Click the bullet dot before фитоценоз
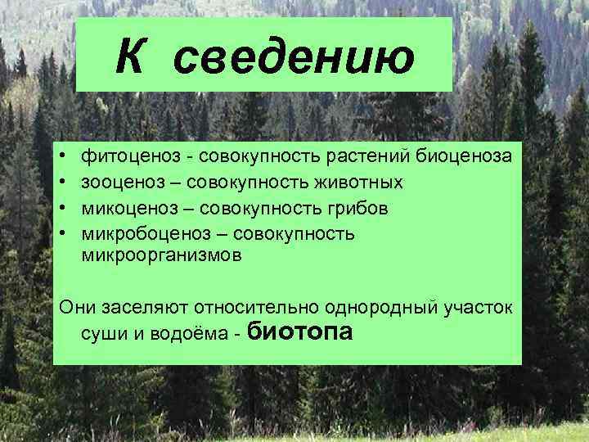pyautogui.click(x=61, y=155)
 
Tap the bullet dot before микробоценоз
pyautogui.click(x=61, y=233)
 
